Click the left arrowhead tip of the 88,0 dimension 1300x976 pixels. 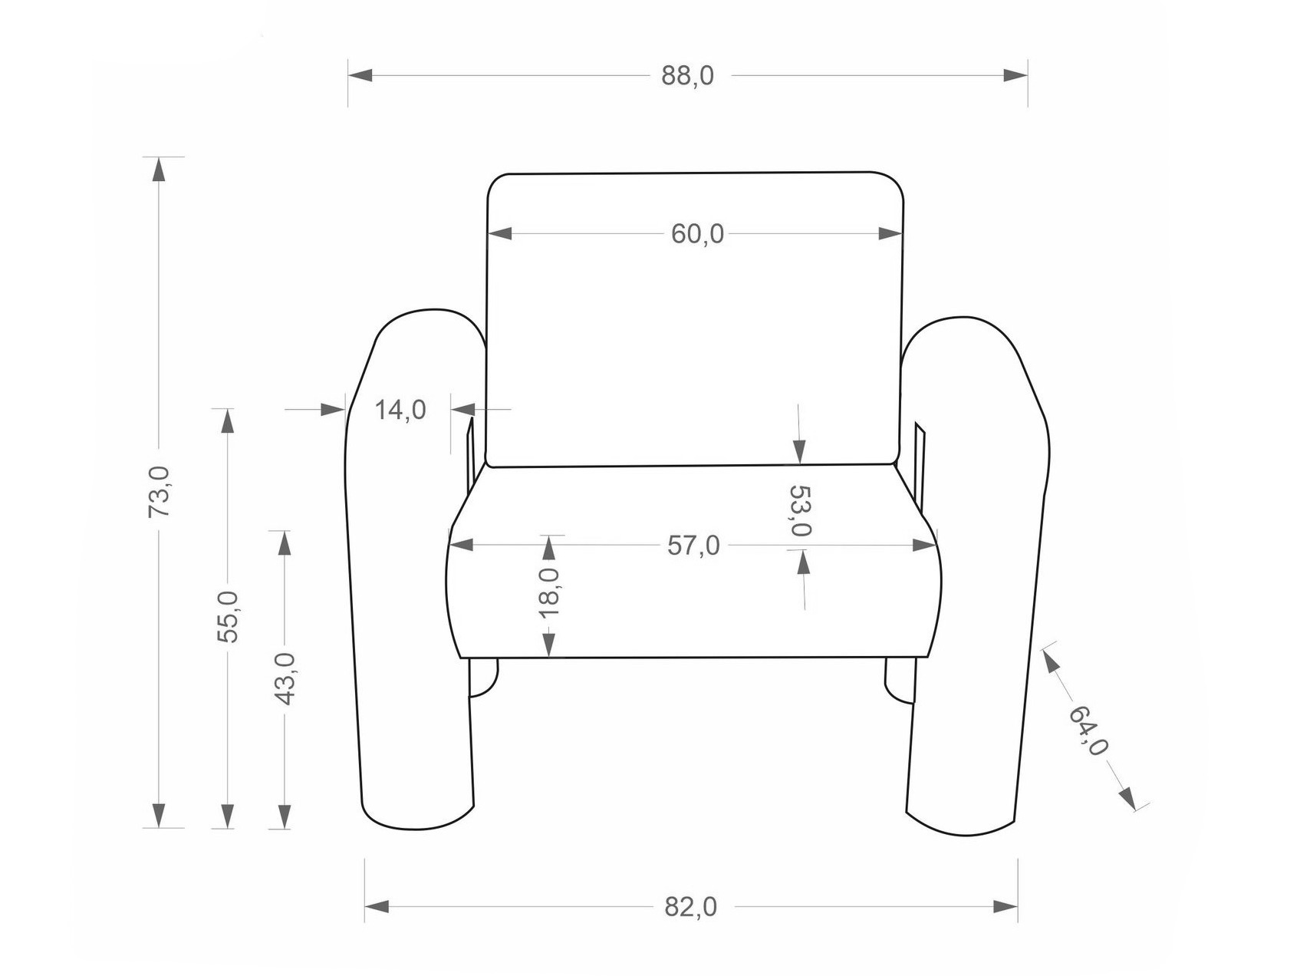[349, 75]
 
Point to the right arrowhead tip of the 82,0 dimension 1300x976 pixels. [1018, 907]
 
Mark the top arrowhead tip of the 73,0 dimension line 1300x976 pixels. [159, 157]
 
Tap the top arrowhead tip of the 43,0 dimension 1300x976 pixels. [285, 531]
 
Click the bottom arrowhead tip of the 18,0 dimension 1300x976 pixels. [549, 657]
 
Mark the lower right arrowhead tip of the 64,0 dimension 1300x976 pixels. [1136, 809]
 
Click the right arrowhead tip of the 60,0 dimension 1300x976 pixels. [903, 233]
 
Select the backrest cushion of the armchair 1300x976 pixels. [695, 319]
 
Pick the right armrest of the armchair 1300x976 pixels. [974, 575]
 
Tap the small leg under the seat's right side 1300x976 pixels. [900, 680]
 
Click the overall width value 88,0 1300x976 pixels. [688, 76]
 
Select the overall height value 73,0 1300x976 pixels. [160, 491]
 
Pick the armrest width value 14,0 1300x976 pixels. [400, 410]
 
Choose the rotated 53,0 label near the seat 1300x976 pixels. [800, 511]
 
